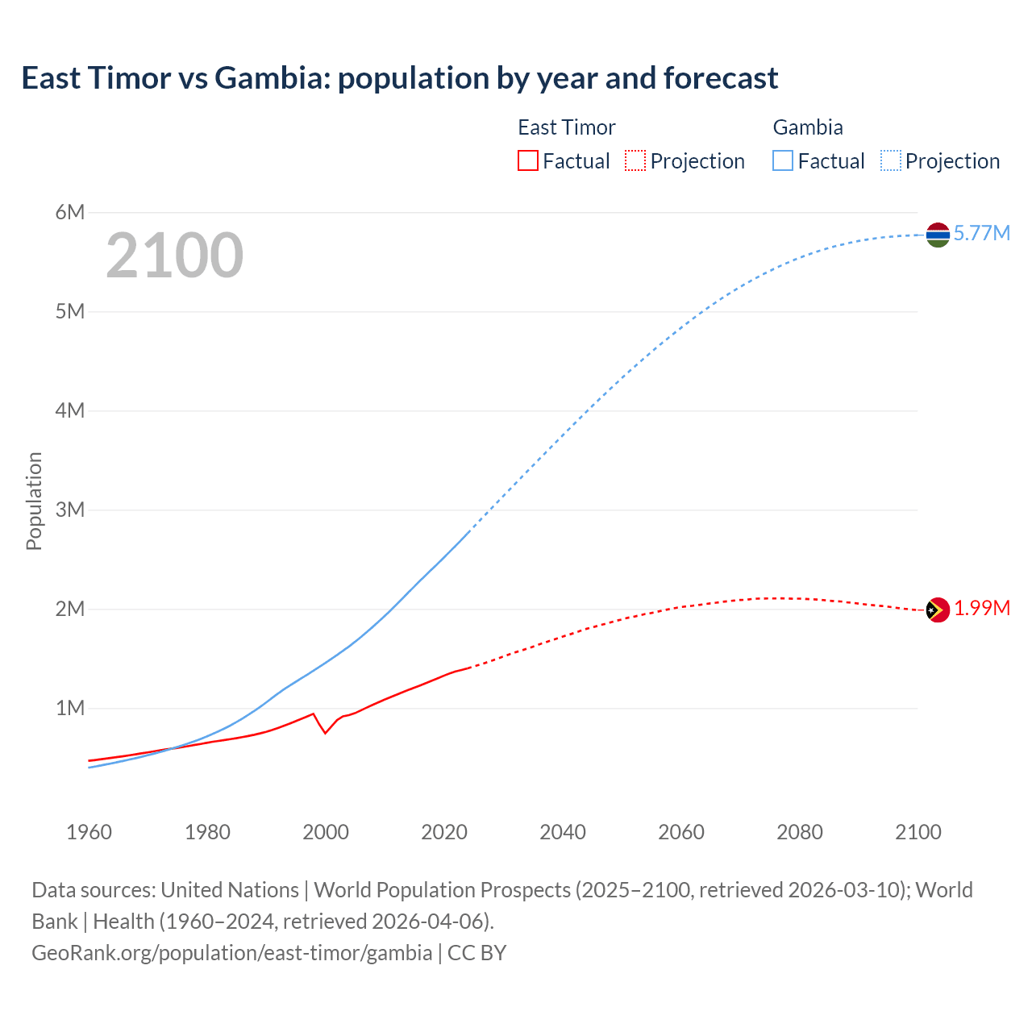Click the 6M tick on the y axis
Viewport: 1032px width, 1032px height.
coord(70,212)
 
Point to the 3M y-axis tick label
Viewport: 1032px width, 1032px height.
coord(70,510)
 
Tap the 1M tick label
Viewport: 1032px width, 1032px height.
coord(70,708)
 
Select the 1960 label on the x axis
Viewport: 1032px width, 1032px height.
coord(89,832)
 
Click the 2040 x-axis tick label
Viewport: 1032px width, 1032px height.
coord(563,832)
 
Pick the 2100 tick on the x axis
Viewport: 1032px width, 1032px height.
coord(918,832)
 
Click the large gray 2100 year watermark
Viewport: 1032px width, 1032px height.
coord(174,256)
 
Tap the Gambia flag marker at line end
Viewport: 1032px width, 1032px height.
coord(938,235)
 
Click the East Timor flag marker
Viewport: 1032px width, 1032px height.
coord(938,610)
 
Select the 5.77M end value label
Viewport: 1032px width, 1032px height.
coord(981,233)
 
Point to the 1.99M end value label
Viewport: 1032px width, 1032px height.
coord(981,608)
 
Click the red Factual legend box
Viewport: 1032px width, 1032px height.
coord(527,160)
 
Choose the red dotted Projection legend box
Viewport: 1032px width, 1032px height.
coord(635,160)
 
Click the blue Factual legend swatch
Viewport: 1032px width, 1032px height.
coord(782,160)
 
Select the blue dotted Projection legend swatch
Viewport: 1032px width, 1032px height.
coord(890,160)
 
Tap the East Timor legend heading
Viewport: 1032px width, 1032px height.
coord(566,127)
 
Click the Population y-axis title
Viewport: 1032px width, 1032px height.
coord(34,501)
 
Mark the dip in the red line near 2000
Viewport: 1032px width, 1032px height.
coord(325,732)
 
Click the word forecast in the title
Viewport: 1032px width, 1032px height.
coord(721,78)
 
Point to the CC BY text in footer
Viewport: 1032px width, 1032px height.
coord(476,952)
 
